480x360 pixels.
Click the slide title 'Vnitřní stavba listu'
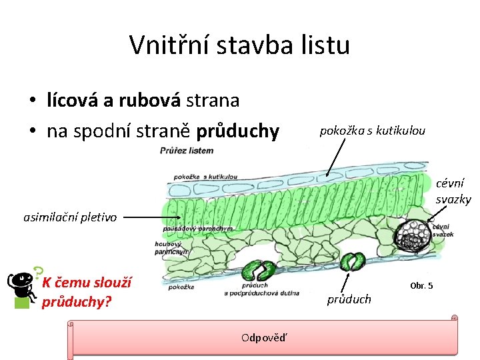tap(239, 45)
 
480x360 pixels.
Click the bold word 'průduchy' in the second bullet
tap(237, 131)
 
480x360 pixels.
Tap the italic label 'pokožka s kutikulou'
tap(372, 131)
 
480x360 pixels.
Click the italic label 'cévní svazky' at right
tap(453, 191)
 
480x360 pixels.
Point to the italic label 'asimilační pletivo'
tap(70, 217)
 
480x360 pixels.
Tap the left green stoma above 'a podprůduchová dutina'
tap(258, 270)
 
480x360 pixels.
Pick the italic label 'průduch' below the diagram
tap(349, 299)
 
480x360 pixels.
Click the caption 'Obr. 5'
tap(421, 285)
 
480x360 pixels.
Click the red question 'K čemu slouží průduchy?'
tap(87, 292)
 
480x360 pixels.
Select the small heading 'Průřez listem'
tap(187, 151)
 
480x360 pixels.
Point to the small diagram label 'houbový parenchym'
tap(172, 248)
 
